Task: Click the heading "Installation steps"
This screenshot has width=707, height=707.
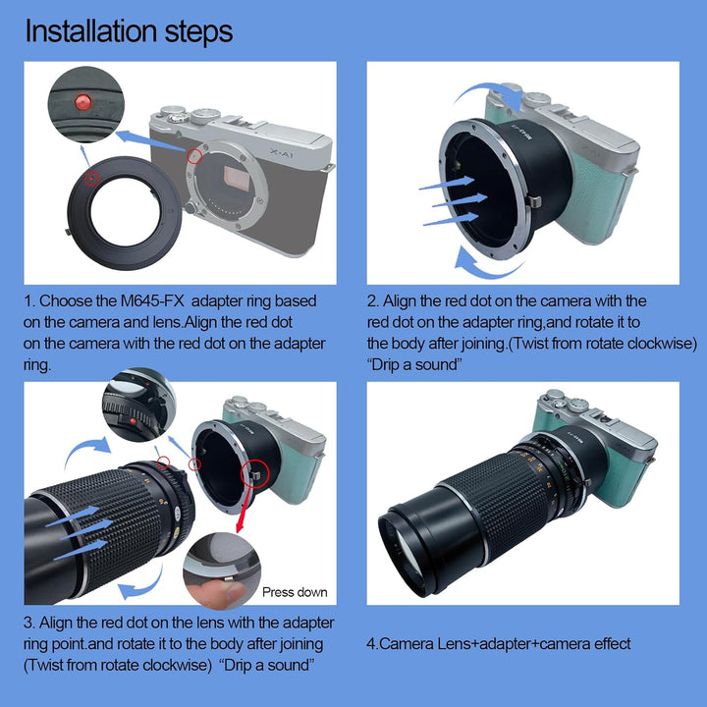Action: coord(129,31)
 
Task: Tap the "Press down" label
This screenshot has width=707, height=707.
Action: coord(295,592)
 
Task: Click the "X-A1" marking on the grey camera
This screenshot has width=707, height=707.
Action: coord(282,154)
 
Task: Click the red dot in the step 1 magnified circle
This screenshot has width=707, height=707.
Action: coord(83,102)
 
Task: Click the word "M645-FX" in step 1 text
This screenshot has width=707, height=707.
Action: coord(152,300)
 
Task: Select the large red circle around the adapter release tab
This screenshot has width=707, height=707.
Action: coord(255,473)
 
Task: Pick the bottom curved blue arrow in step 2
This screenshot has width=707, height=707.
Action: coord(486,269)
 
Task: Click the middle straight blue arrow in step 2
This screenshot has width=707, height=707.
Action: coord(460,200)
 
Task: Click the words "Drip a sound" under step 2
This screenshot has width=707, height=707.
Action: coord(414,364)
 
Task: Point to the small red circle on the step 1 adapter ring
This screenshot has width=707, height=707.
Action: coord(91,179)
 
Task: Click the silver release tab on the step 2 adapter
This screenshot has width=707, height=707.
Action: coord(533,201)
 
